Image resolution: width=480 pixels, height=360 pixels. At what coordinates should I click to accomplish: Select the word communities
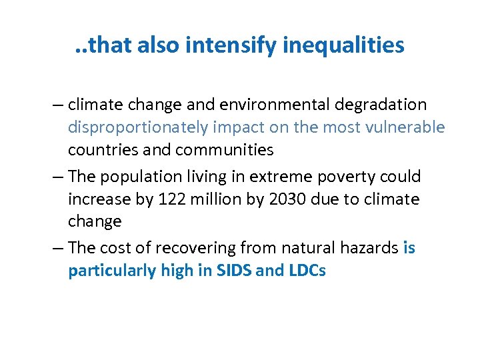click(x=225, y=150)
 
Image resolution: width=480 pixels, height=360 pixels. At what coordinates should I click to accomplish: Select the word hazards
click(x=371, y=248)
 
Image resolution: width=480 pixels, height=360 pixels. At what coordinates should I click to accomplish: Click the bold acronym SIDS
click(x=234, y=271)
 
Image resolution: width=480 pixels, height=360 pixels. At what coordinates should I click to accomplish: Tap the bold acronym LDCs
click(x=305, y=271)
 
